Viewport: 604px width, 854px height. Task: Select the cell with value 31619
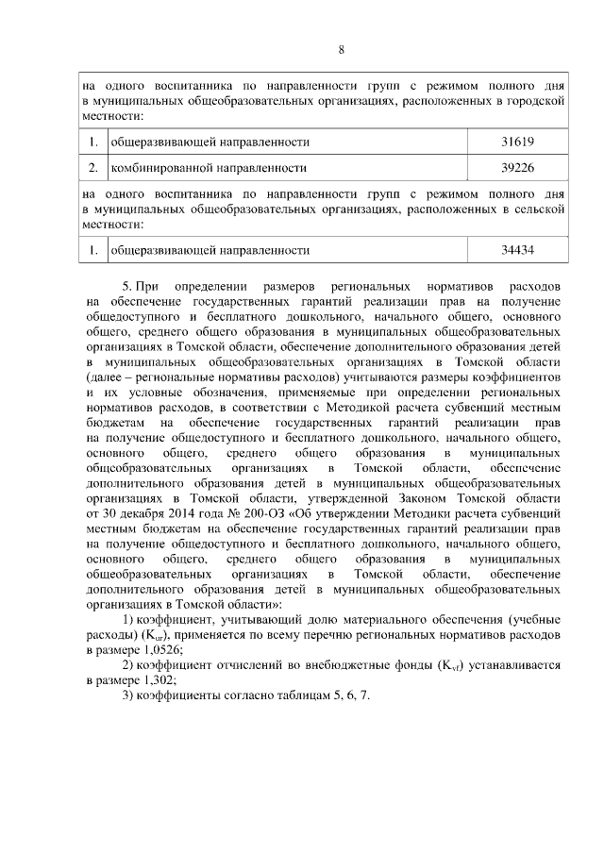coord(518,142)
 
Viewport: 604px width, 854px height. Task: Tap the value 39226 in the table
coord(518,168)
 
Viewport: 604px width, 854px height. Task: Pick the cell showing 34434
coord(518,251)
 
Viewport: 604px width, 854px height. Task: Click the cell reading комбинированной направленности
coord(209,168)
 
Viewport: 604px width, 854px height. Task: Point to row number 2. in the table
coord(93,168)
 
